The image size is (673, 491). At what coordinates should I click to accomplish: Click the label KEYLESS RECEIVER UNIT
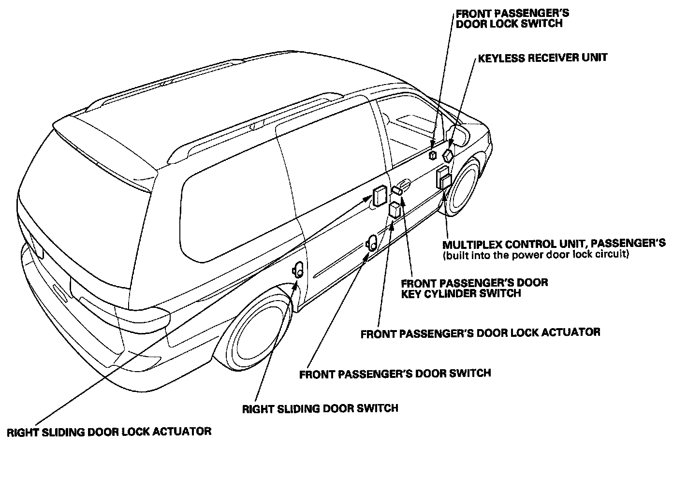[542, 58]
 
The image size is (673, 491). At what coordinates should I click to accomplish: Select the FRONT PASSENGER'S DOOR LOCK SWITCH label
[512, 18]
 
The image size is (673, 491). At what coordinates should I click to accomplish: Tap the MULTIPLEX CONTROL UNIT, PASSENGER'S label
[554, 243]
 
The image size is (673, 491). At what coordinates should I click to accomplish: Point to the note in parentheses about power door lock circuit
[536, 255]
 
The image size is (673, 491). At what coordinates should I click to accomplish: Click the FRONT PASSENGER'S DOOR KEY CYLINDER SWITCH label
[474, 288]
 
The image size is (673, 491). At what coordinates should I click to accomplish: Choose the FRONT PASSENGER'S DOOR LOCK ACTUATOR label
[480, 333]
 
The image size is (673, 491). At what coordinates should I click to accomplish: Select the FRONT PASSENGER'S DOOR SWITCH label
[395, 374]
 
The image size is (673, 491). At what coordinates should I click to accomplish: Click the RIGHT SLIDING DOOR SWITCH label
[320, 408]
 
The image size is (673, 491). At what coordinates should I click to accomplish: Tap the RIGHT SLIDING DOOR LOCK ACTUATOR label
[109, 432]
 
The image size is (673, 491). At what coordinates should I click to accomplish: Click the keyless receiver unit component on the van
[448, 155]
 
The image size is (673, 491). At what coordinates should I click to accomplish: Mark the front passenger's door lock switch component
[433, 155]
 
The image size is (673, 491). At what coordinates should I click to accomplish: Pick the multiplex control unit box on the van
[444, 177]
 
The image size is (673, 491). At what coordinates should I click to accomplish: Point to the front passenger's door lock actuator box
[395, 210]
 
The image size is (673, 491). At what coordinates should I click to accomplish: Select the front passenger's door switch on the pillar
[373, 242]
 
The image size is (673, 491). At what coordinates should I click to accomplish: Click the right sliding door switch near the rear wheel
[298, 270]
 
